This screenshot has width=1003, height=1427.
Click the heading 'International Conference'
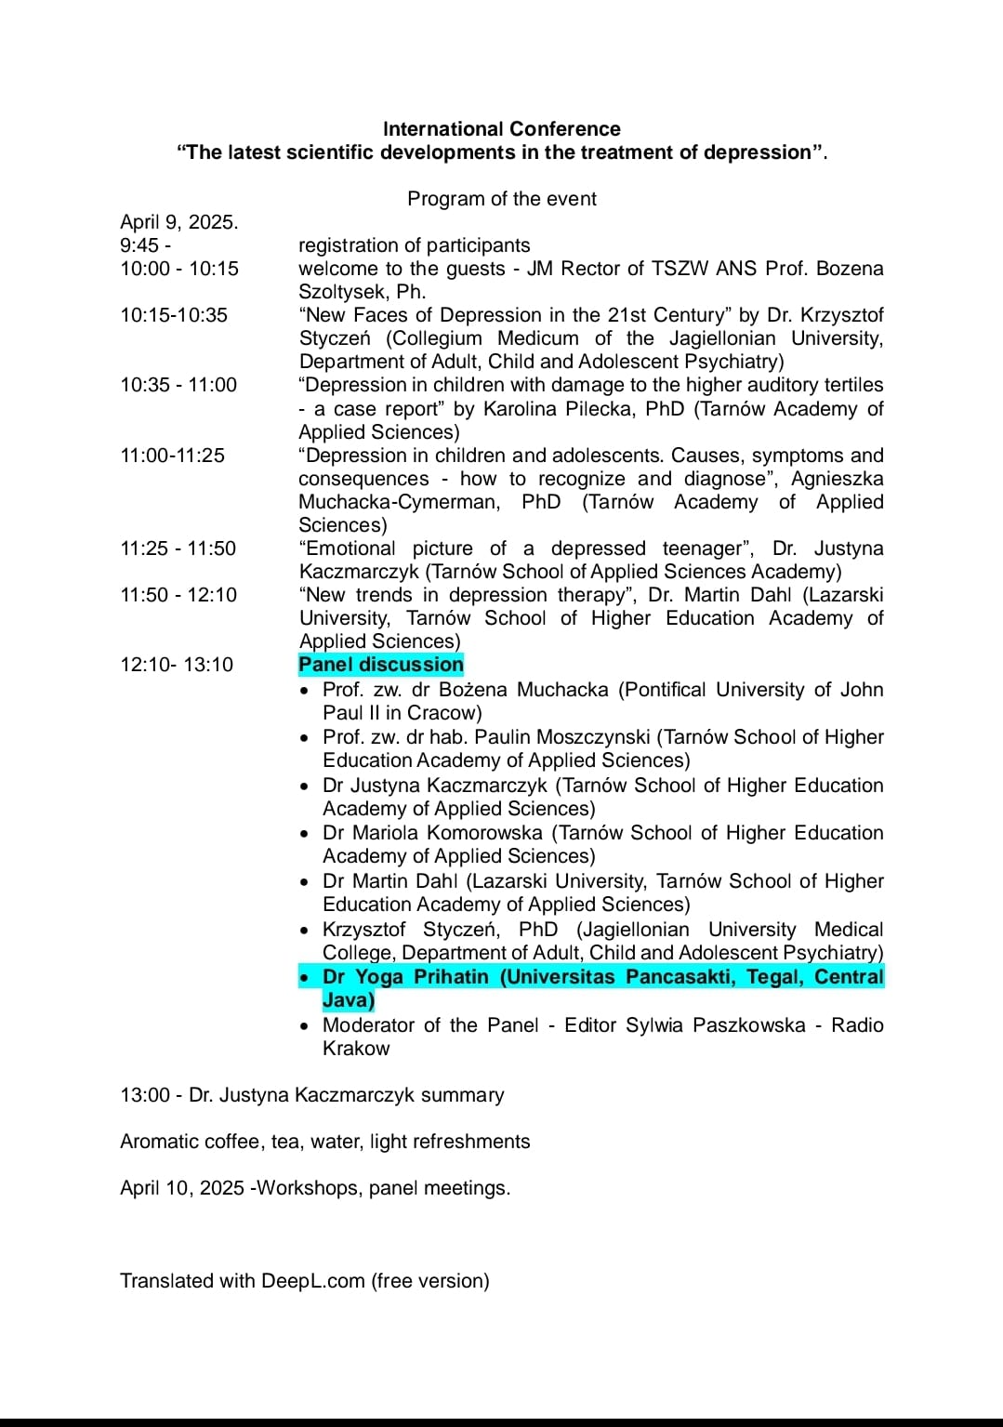coord(501,129)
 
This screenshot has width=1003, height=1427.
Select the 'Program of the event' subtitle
coord(501,199)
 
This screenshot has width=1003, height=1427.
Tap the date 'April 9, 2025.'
coord(178,222)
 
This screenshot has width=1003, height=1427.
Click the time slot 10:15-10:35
coord(173,315)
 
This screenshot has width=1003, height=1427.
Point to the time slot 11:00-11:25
coord(172,456)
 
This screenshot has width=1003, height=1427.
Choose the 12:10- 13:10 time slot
coord(177,665)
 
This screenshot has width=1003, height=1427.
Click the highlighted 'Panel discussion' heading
coord(380,665)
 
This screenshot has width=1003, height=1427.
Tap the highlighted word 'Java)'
coord(349,1000)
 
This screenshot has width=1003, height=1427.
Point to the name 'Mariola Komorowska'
coord(447,833)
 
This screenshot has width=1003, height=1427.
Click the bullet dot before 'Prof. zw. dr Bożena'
coord(306,691)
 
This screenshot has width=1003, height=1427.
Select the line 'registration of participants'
coord(414,245)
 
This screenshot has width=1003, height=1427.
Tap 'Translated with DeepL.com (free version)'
coord(304,1281)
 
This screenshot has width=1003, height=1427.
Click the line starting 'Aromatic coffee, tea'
coord(324,1142)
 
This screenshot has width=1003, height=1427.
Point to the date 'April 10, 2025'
coord(182,1188)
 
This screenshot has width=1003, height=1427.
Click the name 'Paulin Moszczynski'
coord(561,737)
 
